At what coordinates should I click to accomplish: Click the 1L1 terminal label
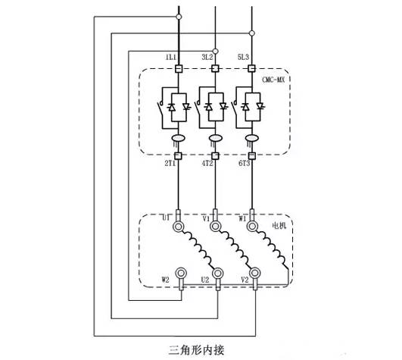(171, 57)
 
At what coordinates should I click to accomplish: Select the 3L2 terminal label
(207, 57)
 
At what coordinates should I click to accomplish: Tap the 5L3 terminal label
(243, 57)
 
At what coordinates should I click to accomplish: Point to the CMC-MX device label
(273, 80)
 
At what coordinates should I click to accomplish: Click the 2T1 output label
(170, 164)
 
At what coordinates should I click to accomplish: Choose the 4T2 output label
(207, 164)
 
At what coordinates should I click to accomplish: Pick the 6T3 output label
(244, 164)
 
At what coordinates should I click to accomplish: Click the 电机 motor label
(279, 226)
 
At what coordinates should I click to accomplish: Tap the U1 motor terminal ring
(179, 227)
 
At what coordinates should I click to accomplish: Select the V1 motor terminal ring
(215, 227)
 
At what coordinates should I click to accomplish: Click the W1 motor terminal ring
(252, 227)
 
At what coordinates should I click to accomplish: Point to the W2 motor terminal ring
(181, 273)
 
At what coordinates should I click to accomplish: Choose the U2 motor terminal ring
(218, 274)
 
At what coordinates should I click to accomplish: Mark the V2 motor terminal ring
(254, 273)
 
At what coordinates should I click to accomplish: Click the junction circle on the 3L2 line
(215, 52)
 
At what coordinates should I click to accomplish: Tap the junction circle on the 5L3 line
(252, 33)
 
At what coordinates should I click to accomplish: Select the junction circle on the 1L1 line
(179, 17)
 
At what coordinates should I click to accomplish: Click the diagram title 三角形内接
(196, 350)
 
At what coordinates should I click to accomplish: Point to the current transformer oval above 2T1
(179, 138)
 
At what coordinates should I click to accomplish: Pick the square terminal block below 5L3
(252, 68)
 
